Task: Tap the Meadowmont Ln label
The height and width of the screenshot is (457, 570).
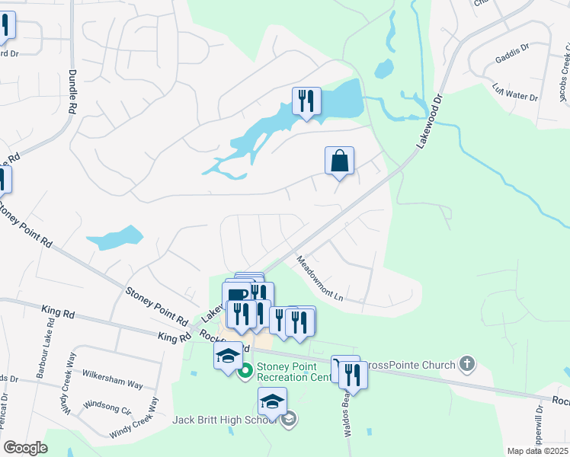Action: pyautogui.click(x=320, y=276)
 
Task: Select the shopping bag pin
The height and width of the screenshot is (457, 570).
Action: pyautogui.click(x=339, y=161)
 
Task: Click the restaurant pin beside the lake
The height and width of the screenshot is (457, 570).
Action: pyautogui.click(x=306, y=102)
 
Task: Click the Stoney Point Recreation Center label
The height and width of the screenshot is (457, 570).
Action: pyautogui.click(x=293, y=371)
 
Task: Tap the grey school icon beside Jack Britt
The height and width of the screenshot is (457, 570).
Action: pyautogui.click(x=288, y=419)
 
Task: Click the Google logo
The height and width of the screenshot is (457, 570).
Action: pyautogui.click(x=25, y=448)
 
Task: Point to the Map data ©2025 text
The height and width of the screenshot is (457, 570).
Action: pyautogui.click(x=536, y=451)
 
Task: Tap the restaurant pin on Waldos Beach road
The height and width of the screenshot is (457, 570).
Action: pyautogui.click(x=352, y=375)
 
